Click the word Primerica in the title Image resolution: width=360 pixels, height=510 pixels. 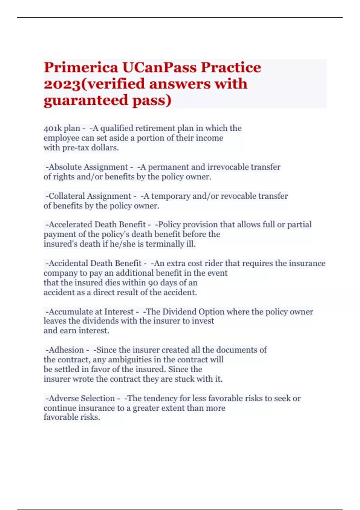[x=81, y=67]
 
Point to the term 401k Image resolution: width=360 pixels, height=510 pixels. [x=52, y=128]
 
